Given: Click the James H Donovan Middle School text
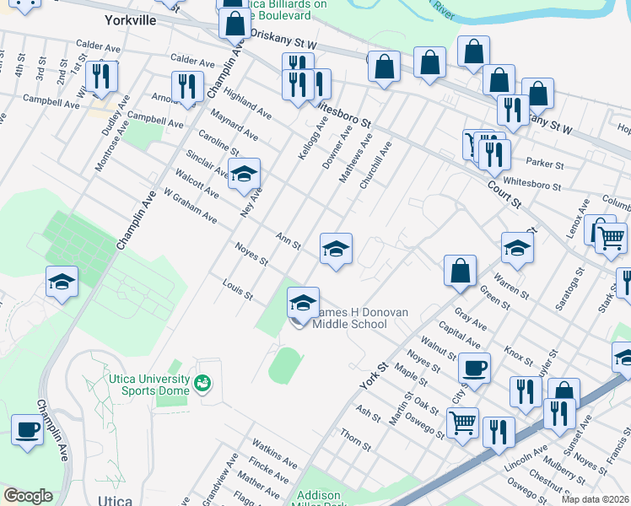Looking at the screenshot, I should click(x=355, y=318).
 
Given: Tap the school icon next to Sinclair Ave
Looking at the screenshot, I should click(x=244, y=175).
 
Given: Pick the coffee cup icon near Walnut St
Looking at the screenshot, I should click(x=474, y=368).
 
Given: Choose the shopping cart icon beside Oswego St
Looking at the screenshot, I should click(x=462, y=422).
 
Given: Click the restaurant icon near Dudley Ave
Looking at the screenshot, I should click(x=101, y=76).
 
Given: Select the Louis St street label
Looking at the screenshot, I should click(x=237, y=291).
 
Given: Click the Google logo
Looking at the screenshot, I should click(x=28, y=495).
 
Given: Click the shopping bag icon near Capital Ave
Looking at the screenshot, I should click(x=460, y=271).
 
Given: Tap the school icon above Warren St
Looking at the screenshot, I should click(x=517, y=248).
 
